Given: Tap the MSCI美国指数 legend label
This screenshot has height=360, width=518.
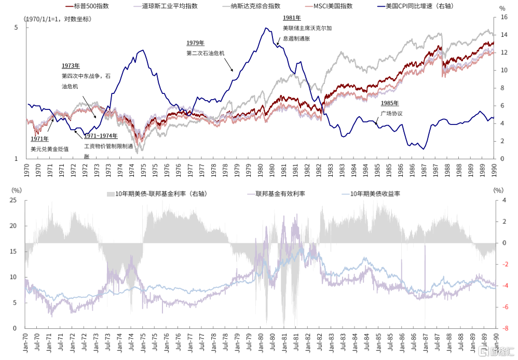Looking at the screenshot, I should point(333,6).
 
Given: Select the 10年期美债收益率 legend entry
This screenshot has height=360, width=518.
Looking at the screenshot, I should point(375,194).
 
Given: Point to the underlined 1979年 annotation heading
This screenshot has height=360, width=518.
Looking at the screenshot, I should point(196,43).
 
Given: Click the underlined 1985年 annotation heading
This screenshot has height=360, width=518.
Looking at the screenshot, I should point(389,103).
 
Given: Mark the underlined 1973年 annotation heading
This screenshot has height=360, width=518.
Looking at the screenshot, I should point(71,66).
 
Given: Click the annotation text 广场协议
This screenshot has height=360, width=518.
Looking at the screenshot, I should point(391,113).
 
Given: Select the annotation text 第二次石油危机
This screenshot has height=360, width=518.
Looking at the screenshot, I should point(205,53).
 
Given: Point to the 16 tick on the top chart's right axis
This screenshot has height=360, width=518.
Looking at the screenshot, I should point(501,17).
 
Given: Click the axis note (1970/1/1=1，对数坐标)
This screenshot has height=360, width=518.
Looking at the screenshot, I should point(58,19).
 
